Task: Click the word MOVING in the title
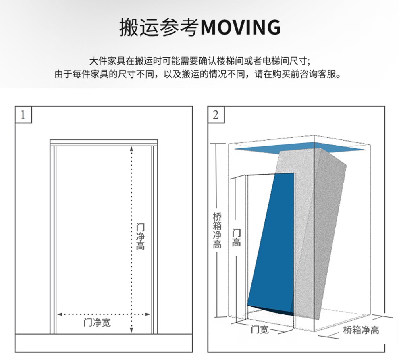pos(241,27)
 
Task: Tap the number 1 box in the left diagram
pos(23,115)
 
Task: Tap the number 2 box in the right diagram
pos(216,115)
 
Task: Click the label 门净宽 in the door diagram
pos(97,323)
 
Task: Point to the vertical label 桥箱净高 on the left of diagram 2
pos(217,230)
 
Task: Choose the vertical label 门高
pos(237,238)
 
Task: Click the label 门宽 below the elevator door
pos(260,329)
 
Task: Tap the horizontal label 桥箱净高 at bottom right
pos(361,330)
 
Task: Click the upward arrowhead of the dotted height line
pos(131,148)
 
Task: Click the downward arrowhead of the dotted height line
pos(131,330)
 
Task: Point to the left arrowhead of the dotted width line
pos(60,314)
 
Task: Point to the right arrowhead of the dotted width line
pos(148,314)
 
